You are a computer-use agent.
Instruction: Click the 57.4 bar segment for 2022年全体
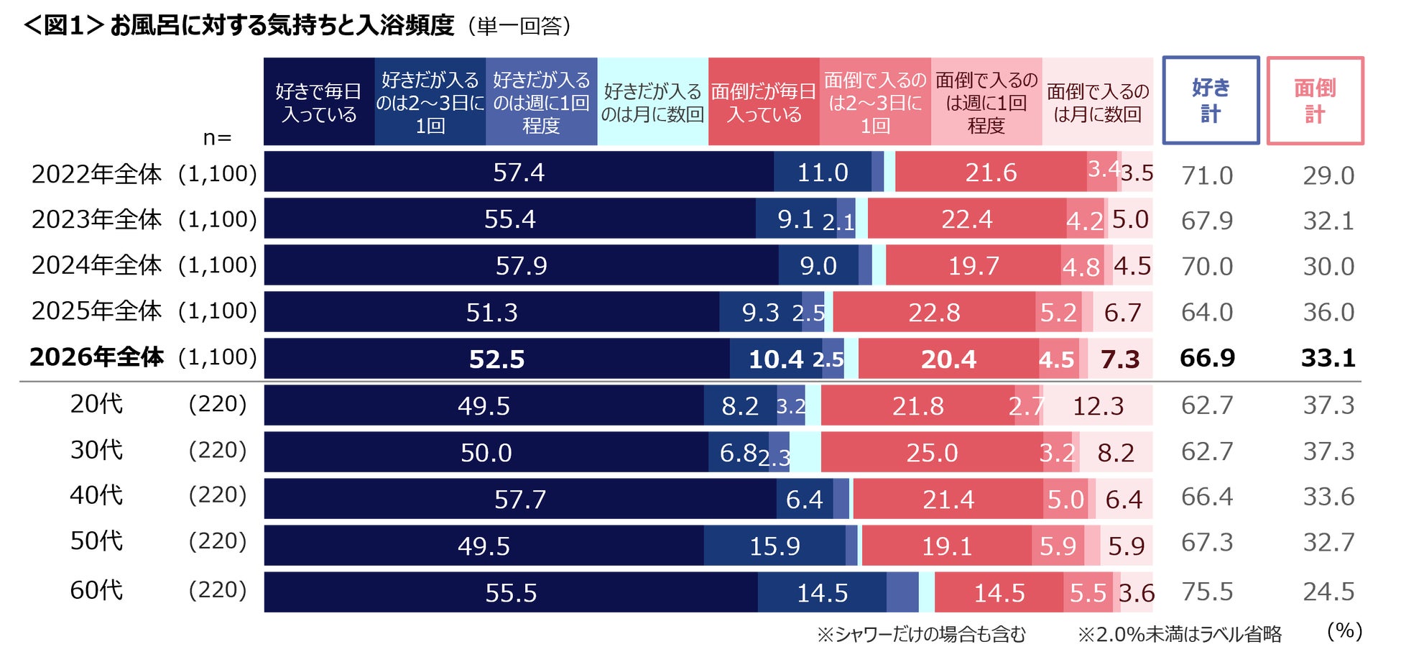coord(518,173)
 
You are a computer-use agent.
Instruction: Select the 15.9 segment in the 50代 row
coord(775,546)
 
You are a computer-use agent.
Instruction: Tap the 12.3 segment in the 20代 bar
coord(1098,406)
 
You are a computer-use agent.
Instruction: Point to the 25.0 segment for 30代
coord(932,453)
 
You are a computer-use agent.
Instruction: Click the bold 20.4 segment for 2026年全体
coord(948,359)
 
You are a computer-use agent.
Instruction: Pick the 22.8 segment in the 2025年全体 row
coord(934,313)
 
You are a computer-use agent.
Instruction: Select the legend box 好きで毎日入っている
coord(319,102)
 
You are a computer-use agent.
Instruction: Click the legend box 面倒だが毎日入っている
coord(764,102)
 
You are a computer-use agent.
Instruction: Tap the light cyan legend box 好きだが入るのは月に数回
coord(652,102)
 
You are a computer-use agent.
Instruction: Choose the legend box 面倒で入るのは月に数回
coord(1097,102)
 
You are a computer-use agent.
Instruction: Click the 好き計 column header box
coord(1211,101)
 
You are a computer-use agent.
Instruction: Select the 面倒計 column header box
coord(1315,101)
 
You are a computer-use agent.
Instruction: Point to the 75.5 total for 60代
coord(1207,592)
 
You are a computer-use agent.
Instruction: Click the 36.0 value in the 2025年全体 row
coord(1328,312)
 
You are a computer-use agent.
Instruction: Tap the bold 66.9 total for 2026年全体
coord(1207,358)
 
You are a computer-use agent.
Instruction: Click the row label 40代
coord(96,495)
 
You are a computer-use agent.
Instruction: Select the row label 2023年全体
coord(96,219)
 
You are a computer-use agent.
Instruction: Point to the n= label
coord(217,137)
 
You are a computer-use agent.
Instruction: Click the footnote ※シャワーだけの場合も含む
coord(921,634)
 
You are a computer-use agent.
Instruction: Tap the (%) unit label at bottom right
coord(1344,631)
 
